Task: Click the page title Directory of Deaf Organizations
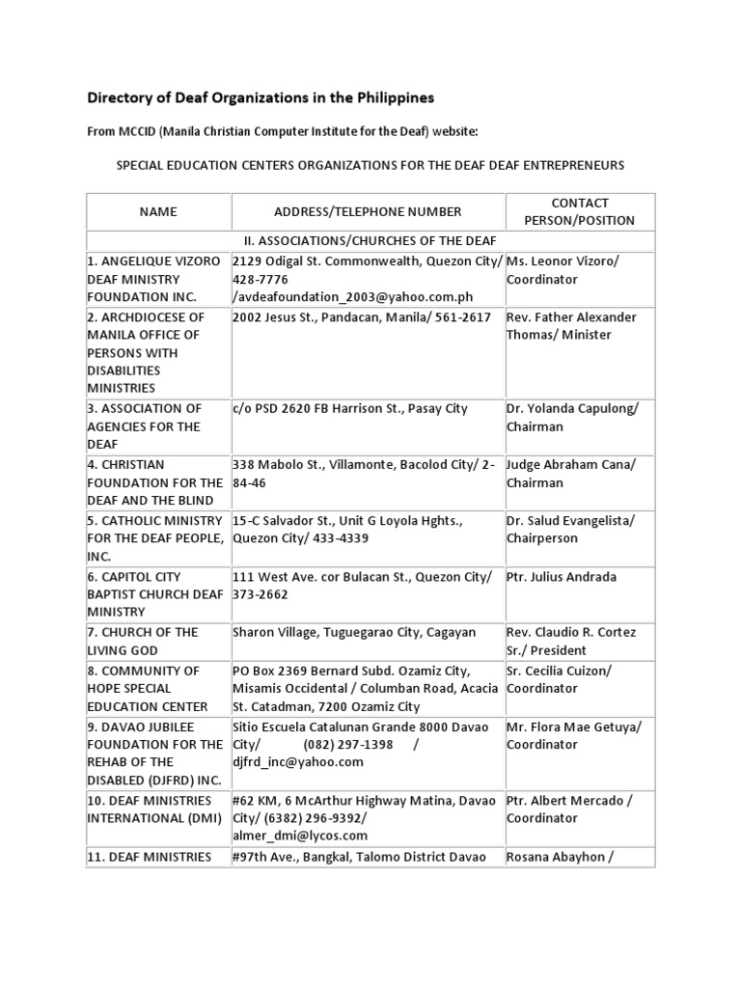coord(261,97)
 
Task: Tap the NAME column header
coord(157,211)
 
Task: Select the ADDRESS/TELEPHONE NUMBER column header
coord(368,211)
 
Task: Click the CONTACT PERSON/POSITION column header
coord(579,211)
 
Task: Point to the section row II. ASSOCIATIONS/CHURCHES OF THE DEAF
coord(370,240)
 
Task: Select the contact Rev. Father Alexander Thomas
coord(572,326)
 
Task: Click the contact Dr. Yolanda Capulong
coord(572,418)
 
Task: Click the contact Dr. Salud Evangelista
coord(572,529)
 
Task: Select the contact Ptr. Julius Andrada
coord(562,577)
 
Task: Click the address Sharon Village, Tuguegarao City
coord(354,632)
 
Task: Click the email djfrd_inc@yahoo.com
coord(298,762)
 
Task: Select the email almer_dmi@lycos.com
coord(300,836)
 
